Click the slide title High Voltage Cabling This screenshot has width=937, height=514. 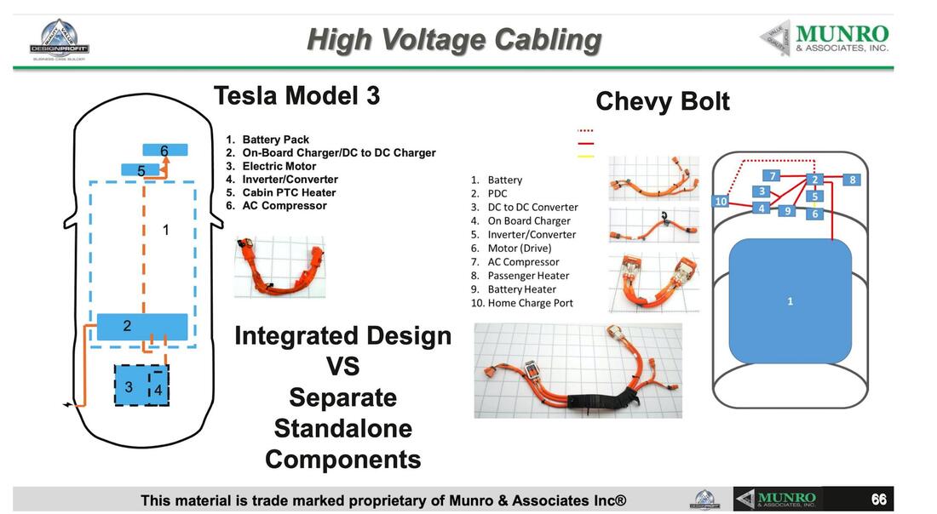click(453, 40)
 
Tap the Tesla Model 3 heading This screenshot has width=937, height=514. click(296, 95)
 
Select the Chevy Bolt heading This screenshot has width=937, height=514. click(662, 101)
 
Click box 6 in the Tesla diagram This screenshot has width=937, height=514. click(164, 151)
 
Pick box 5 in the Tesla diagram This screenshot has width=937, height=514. click(141, 170)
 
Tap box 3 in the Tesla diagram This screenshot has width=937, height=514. click(129, 386)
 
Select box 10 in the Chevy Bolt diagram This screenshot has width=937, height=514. click(721, 202)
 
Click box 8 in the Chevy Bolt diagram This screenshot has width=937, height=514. click(852, 180)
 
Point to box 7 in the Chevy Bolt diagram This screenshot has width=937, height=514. click(773, 176)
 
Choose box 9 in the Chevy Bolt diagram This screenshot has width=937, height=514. click(788, 210)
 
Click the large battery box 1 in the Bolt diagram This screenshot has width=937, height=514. click(790, 301)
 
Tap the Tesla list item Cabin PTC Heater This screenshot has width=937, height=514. click(288, 192)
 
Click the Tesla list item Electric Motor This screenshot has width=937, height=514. click(279, 166)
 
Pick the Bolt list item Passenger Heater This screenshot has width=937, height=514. click(527, 276)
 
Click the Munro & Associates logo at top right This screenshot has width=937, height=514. click(824, 38)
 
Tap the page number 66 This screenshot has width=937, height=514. click(878, 500)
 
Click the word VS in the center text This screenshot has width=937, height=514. click(342, 367)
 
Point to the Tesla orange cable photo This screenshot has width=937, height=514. click(279, 266)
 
